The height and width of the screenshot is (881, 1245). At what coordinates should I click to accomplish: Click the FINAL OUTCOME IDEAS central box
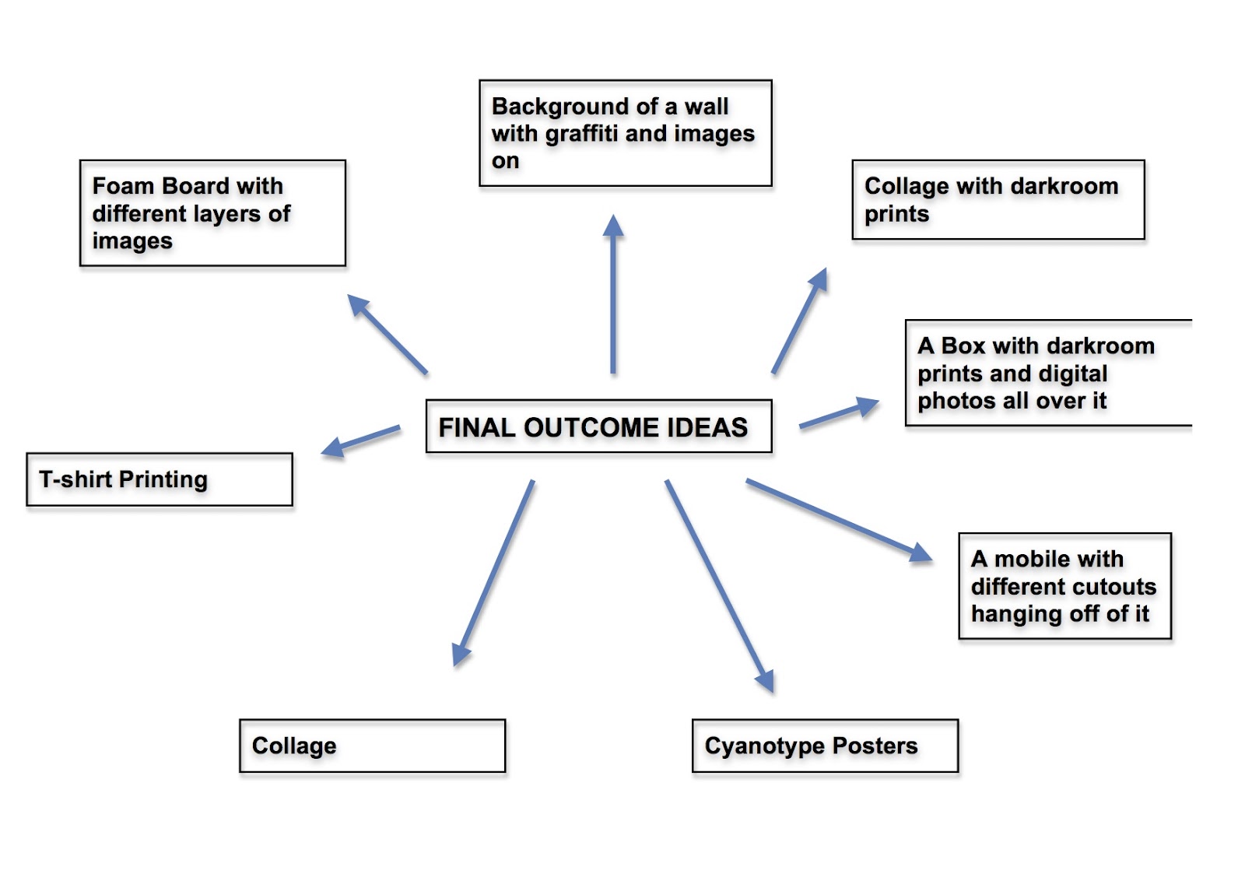(x=598, y=426)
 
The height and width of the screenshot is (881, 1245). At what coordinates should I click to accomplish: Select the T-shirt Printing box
(x=160, y=479)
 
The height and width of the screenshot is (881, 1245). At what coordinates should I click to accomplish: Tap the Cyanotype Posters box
(x=825, y=746)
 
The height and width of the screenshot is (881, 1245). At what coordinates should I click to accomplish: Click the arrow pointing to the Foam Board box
(x=388, y=335)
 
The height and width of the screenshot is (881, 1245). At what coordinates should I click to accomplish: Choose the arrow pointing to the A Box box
(x=839, y=414)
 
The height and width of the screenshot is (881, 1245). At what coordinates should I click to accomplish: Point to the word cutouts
(x=1113, y=586)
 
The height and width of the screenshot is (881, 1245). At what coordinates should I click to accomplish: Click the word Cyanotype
(x=765, y=746)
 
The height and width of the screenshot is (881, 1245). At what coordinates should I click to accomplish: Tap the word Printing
(x=163, y=479)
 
